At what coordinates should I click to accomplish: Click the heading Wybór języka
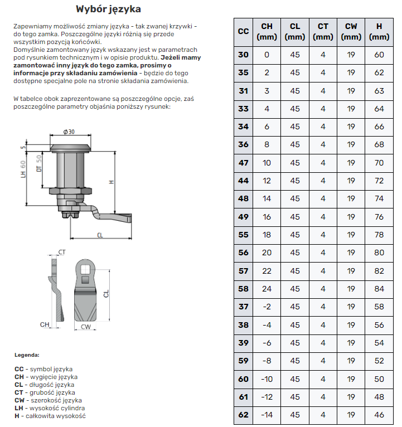(x=108, y=9)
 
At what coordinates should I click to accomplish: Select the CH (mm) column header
(x=267, y=31)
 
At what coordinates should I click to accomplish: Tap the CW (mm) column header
(x=351, y=31)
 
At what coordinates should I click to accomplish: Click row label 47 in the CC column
(x=244, y=163)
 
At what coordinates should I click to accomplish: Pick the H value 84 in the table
(x=379, y=289)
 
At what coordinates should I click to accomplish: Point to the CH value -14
(x=267, y=415)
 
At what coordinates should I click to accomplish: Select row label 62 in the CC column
(x=244, y=415)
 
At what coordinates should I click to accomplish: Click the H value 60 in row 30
(x=379, y=55)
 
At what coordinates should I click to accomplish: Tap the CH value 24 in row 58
(x=267, y=289)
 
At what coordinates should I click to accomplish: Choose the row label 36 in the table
(x=244, y=145)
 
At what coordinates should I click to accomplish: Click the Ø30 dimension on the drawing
(x=69, y=132)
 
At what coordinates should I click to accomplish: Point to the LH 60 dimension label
(x=23, y=169)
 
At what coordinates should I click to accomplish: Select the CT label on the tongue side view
(x=62, y=253)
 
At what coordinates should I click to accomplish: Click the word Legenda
(x=27, y=355)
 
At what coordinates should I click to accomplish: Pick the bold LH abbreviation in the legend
(x=19, y=408)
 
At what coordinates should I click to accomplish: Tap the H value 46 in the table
(x=379, y=415)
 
